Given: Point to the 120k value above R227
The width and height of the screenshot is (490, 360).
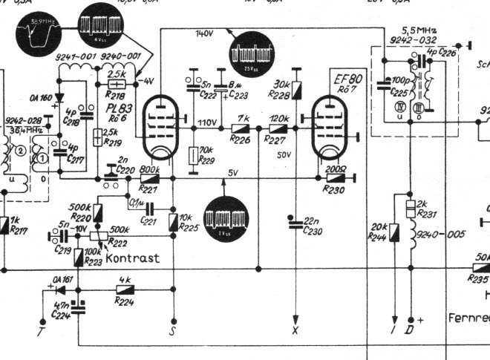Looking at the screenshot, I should (279, 119).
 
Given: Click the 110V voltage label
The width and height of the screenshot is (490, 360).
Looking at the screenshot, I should (206, 122).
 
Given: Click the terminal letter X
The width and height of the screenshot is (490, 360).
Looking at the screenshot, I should (295, 329).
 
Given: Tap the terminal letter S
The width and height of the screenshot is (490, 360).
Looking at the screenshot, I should (172, 330).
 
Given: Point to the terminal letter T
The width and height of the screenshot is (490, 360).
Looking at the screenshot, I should (41, 324).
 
